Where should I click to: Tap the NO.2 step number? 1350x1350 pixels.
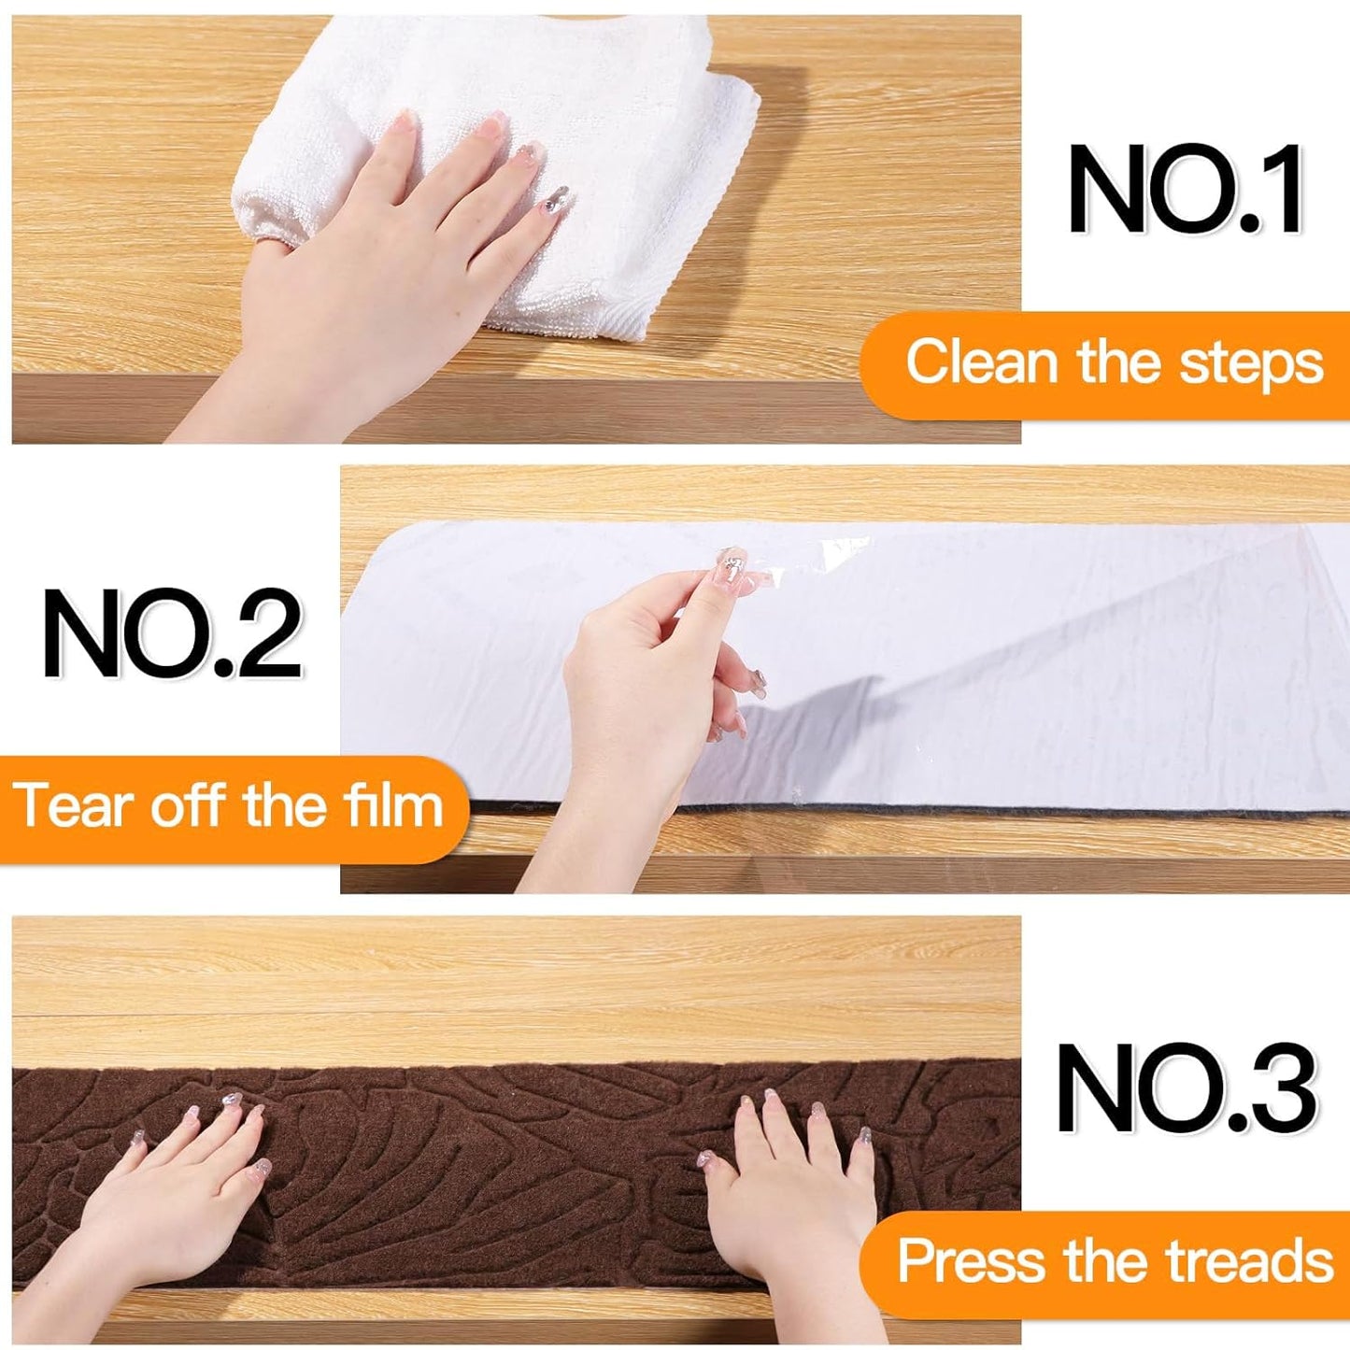[173, 635]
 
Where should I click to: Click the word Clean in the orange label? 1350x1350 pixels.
[980, 362]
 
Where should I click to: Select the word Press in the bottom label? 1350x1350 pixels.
[972, 1261]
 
